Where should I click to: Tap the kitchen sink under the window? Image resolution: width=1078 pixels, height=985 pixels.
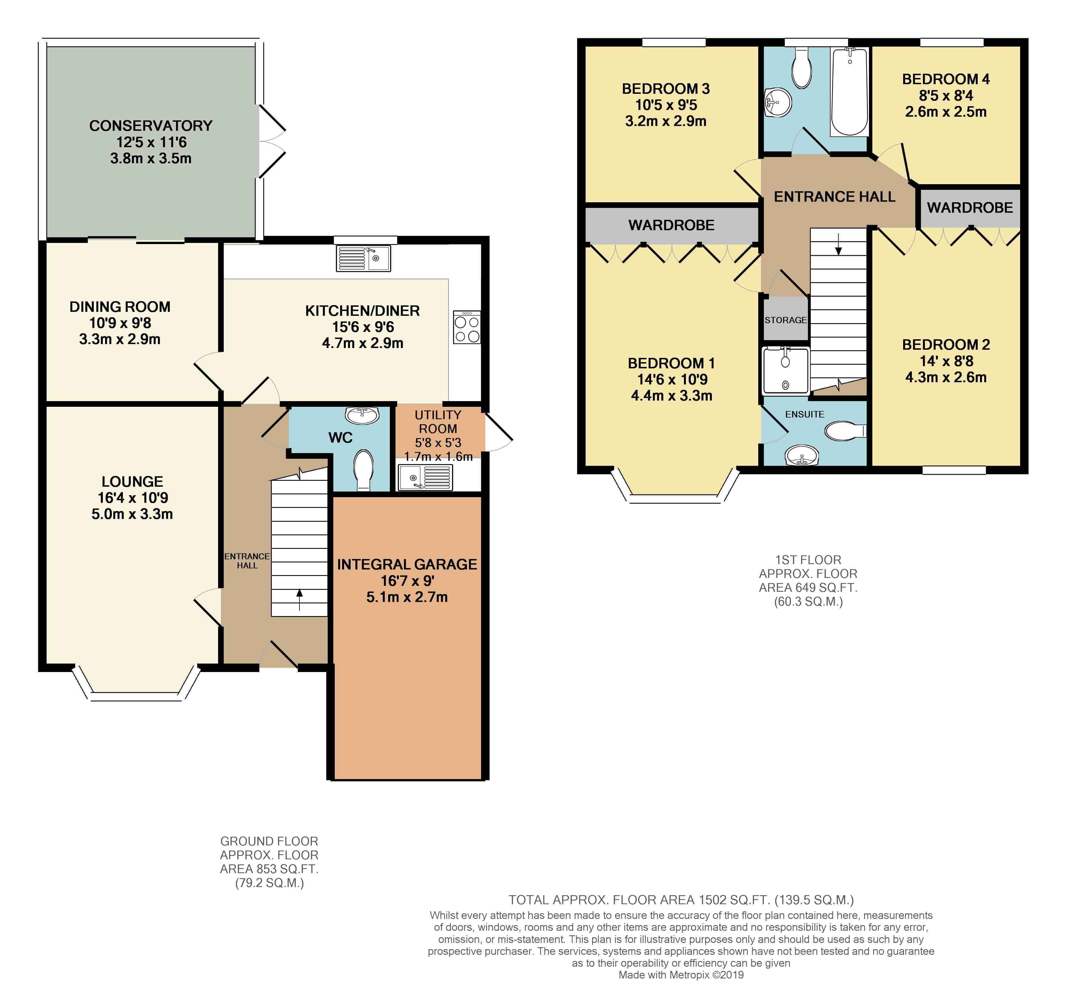[x=363, y=258]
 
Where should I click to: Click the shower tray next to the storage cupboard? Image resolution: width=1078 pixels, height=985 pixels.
[x=786, y=370]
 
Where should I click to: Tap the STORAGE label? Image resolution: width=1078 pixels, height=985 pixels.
[x=786, y=320]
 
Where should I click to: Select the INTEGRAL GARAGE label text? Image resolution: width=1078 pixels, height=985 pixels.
[x=407, y=564]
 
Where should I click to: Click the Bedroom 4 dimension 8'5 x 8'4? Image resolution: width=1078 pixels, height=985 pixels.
[x=946, y=96]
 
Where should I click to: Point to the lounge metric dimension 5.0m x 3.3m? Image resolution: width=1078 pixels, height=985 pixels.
[x=132, y=514]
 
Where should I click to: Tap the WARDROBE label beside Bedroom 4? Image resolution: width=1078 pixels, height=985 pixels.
[x=970, y=208]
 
